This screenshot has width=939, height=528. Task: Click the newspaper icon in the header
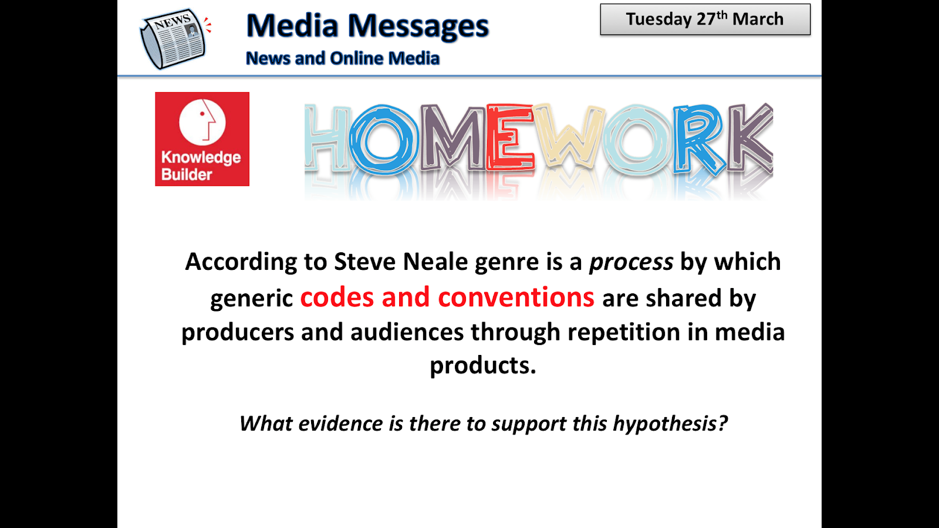click(x=173, y=38)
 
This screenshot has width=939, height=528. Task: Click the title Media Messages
click(x=367, y=26)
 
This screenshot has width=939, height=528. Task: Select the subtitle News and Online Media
click(x=343, y=59)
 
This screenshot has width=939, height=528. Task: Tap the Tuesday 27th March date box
click(x=705, y=19)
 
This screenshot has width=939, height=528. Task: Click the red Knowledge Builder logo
click(x=202, y=139)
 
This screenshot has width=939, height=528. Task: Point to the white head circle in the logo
click(x=202, y=122)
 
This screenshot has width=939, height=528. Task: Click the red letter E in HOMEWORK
click(x=509, y=138)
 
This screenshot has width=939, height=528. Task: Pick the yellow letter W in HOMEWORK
click(x=569, y=138)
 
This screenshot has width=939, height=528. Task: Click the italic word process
click(x=631, y=262)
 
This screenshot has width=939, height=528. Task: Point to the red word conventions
click(x=516, y=297)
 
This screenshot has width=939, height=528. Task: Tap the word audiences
click(x=407, y=332)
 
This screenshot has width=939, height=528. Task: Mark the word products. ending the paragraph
click(x=482, y=365)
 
